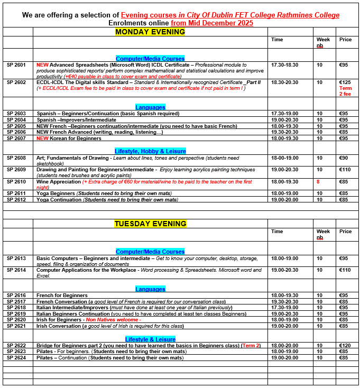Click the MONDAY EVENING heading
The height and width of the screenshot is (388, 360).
coord(150,32)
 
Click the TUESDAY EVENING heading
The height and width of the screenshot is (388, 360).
coord(150,224)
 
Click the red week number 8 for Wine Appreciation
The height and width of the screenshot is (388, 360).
coord(318,182)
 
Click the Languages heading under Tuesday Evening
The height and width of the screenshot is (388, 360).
coord(150,289)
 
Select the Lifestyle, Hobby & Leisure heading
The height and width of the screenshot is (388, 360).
coord(150,151)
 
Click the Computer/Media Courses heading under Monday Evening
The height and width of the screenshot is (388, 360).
coord(150,59)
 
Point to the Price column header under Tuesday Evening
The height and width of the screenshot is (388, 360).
coord(345,232)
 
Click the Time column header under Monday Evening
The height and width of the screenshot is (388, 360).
coord(277,40)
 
